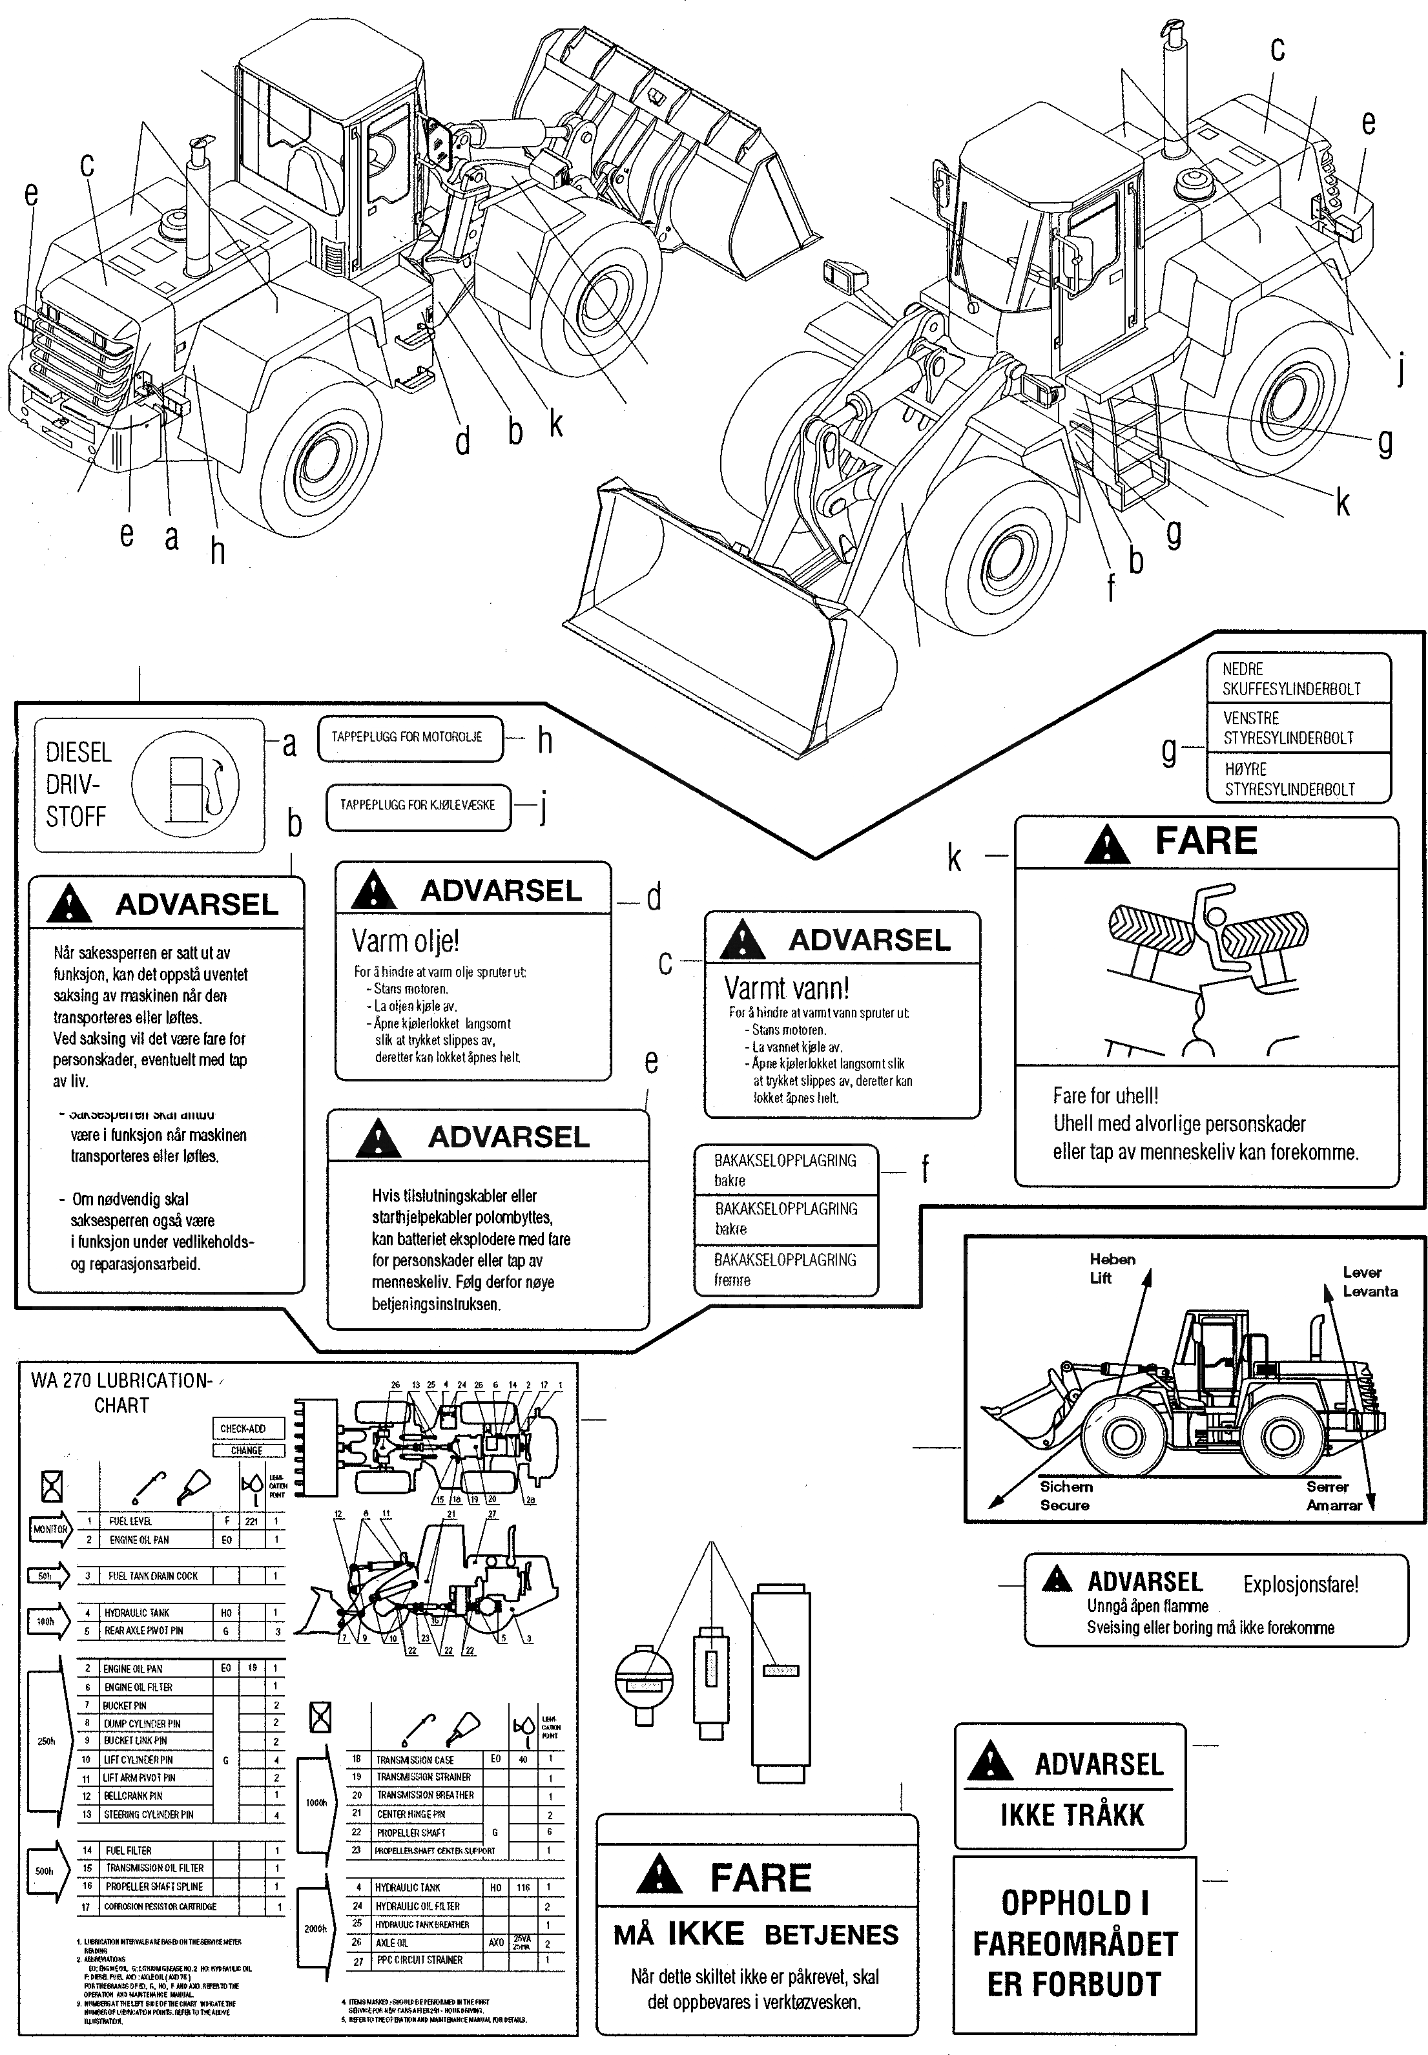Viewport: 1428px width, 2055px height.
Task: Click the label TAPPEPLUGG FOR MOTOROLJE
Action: click(407, 738)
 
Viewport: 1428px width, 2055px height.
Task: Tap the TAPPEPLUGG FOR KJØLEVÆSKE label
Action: click(417, 805)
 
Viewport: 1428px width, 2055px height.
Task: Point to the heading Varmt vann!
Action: click(787, 988)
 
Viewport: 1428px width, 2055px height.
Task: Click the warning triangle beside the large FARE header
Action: click(1107, 844)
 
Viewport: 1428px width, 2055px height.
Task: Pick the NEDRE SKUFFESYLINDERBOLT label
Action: click(1291, 678)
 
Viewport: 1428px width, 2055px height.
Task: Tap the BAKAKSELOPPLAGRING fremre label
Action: click(785, 1269)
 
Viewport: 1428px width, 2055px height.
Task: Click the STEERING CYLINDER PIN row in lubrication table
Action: click(148, 1814)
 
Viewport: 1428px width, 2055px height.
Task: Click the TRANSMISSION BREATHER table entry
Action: click(425, 1795)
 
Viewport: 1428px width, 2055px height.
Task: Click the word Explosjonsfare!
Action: click(1300, 1584)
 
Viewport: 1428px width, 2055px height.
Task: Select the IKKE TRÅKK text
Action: click(1072, 1815)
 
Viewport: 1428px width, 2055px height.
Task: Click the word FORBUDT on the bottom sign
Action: click(1073, 1985)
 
